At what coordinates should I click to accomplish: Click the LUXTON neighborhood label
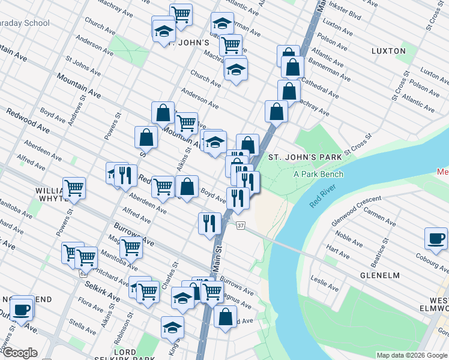[x=388, y=52]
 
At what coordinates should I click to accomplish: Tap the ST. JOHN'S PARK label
[x=304, y=157]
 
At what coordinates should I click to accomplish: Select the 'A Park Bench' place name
[x=318, y=175]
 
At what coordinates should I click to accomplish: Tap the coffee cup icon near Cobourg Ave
[x=436, y=238]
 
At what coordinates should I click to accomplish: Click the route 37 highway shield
[x=241, y=226]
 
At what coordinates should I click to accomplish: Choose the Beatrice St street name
[x=378, y=256]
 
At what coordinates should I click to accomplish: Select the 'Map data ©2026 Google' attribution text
[x=411, y=355]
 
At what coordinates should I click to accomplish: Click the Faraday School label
[x=24, y=23]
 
